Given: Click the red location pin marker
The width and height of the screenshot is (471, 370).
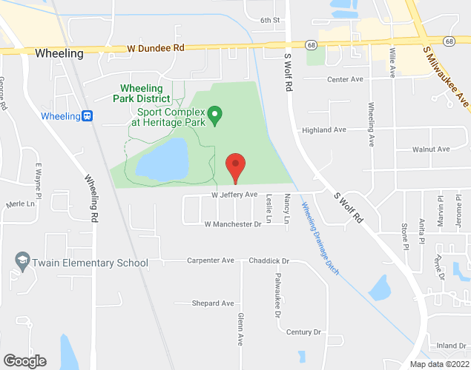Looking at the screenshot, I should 235,166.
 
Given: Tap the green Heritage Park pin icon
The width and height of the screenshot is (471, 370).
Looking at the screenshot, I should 214,115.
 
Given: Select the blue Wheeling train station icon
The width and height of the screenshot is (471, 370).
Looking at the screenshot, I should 87,115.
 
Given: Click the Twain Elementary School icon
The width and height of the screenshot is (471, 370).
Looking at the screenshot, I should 22,262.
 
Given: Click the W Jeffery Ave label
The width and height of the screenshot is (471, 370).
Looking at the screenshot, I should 234,195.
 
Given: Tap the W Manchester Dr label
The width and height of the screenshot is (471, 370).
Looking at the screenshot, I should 234,223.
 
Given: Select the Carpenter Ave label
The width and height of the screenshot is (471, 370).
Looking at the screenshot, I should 210,260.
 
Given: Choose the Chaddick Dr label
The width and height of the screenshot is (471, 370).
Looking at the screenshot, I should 269,260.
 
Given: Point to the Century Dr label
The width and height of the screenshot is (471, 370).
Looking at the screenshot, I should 303,332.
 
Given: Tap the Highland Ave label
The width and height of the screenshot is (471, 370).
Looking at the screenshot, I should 324,129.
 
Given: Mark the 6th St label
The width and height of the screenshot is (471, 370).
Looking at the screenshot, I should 269,20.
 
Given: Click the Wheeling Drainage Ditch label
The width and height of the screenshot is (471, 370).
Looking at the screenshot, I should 320,238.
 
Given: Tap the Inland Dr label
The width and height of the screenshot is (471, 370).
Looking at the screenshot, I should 451,345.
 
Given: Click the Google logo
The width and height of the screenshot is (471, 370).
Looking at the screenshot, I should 24,361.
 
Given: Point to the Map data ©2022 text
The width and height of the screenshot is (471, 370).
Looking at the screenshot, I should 439,364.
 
